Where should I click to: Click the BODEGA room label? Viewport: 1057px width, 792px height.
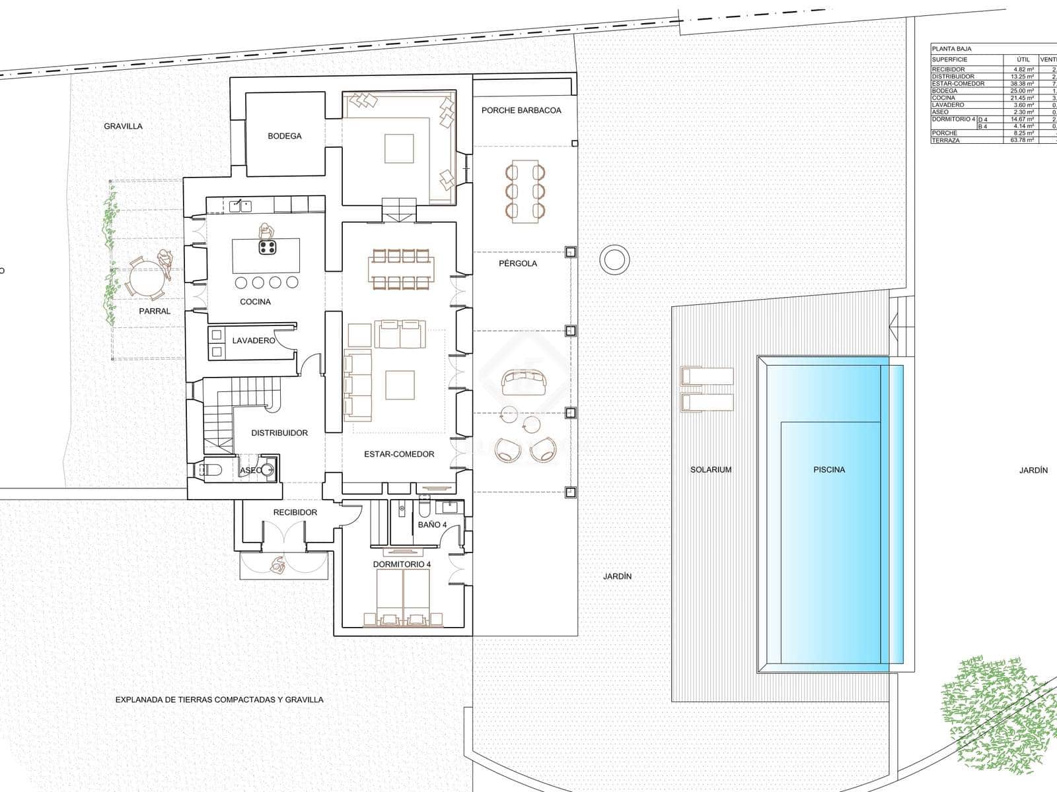(284, 136)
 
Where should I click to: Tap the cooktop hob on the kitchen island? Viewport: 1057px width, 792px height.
(267, 247)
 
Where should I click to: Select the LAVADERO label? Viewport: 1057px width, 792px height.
(253, 341)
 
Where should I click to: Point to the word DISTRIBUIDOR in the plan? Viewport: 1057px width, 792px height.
(279, 433)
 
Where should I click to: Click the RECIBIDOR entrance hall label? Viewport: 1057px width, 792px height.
(295, 512)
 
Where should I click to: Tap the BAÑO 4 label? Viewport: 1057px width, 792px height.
(432, 525)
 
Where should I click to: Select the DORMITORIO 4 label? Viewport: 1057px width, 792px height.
(402, 564)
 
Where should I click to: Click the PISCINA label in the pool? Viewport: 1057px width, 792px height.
(829, 470)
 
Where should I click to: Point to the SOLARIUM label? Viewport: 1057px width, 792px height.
(711, 470)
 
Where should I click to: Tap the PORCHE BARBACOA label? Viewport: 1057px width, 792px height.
(521, 110)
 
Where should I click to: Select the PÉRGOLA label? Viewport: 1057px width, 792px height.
(518, 263)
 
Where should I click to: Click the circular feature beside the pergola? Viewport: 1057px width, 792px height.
(614, 259)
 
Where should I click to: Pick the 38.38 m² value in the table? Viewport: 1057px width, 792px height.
(1023, 84)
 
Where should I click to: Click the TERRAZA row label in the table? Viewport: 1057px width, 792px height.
(945, 140)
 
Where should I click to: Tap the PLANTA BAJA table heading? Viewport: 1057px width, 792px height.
(951, 49)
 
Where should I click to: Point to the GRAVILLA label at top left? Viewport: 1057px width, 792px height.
(123, 126)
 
